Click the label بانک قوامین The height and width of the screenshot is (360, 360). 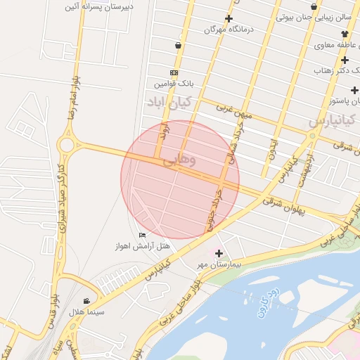pyautogui.click(x=174, y=84)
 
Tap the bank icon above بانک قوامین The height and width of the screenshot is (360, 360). pyautogui.click(x=174, y=72)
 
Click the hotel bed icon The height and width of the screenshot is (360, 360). pyautogui.click(x=143, y=235)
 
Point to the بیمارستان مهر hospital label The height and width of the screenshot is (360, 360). pyautogui.click(x=219, y=265)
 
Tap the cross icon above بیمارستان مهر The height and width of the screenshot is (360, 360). pyautogui.click(x=219, y=253)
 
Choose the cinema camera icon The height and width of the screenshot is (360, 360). pyautogui.click(x=86, y=300)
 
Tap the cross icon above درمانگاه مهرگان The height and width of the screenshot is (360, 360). pyautogui.click(x=228, y=18)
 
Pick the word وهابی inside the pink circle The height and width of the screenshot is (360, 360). pyautogui.click(x=180, y=161)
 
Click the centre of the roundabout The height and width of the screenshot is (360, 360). pyautogui.click(x=68, y=145)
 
